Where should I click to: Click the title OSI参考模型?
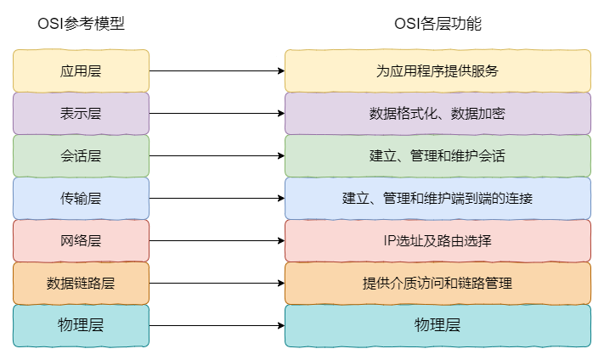point(81,24)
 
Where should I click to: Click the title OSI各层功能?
point(437,24)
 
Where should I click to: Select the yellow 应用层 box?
point(81,70)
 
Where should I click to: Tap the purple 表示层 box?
point(81,113)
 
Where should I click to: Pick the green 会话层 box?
point(81,156)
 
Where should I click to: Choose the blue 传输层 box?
point(81,199)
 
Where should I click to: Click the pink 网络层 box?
point(81,240)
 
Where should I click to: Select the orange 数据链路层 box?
point(81,283)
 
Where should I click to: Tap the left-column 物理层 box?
point(81,326)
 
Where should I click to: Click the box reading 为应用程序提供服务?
point(437,70)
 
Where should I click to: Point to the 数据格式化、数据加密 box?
point(437,113)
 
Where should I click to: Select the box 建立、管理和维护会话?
point(437,156)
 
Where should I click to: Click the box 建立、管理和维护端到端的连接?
point(437,199)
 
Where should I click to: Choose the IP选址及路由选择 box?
point(437,240)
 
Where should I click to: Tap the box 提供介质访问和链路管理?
point(437,283)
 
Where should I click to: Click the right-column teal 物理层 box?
point(437,326)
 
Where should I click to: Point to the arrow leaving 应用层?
point(217,70)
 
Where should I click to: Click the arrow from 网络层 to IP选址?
point(217,240)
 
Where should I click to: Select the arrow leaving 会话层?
point(217,156)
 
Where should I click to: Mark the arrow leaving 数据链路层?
point(217,283)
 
